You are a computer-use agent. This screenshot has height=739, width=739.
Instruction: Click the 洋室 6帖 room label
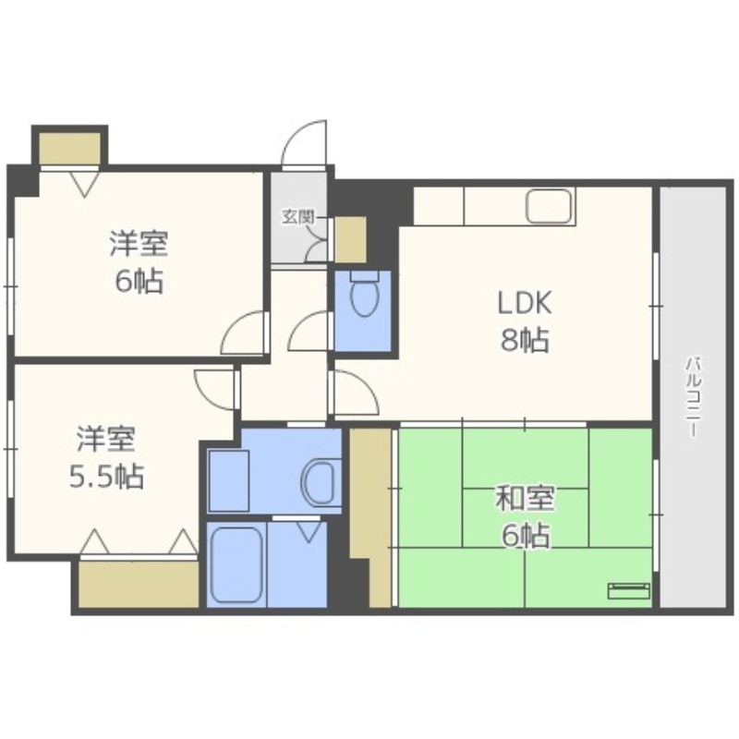tap(139, 261)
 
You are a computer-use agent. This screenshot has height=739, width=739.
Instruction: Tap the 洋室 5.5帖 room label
tap(106, 455)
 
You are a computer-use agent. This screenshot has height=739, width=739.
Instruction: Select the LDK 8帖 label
tap(525, 321)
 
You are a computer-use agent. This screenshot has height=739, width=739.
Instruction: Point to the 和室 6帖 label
tap(524, 516)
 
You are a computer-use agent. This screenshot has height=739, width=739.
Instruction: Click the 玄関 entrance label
tap(297, 218)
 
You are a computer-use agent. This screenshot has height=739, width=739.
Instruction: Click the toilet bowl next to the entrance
tap(365, 296)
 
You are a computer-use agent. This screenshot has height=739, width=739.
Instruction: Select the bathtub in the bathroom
tap(236, 565)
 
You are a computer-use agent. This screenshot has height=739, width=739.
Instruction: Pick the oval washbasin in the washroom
tap(319, 479)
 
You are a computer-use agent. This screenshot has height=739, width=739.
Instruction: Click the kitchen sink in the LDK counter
tap(551, 206)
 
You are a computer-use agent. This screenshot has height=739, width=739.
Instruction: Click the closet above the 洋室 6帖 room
tap(69, 149)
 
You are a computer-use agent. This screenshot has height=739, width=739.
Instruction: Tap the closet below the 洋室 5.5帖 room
tap(139, 584)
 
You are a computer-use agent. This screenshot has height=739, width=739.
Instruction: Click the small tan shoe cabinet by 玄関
tap(350, 239)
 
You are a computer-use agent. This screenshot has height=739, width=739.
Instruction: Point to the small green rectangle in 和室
tap(629, 591)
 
